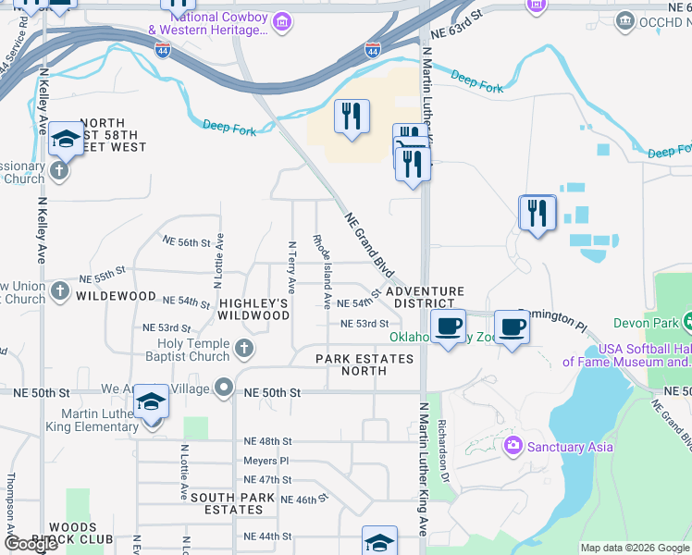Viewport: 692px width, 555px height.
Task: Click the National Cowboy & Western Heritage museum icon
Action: tap(283, 20)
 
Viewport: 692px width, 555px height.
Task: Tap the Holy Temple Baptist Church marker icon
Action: tap(244, 349)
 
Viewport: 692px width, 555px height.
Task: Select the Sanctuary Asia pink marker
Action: tap(513, 447)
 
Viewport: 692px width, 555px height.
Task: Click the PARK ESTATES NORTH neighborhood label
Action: tap(365, 364)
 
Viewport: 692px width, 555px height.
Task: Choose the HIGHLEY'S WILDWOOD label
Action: tap(254, 309)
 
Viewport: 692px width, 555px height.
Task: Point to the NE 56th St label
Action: tap(188, 242)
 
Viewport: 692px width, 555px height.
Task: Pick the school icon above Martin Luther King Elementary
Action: tap(152, 402)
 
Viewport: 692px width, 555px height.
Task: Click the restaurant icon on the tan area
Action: tap(351, 117)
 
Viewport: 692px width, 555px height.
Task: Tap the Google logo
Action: tap(31, 544)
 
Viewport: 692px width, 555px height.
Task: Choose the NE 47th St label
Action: tap(267, 479)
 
